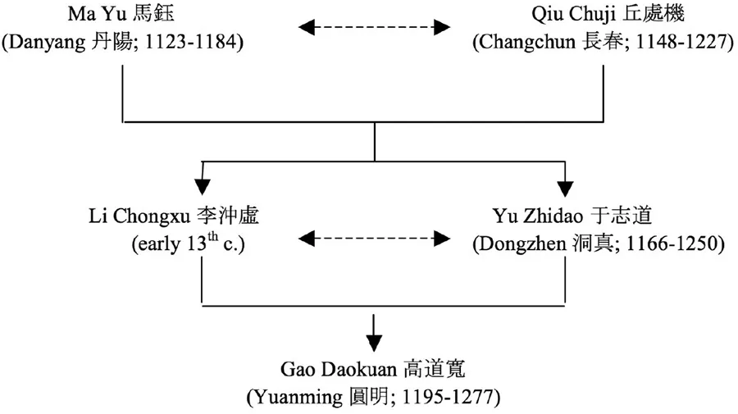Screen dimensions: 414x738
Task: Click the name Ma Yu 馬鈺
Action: click(123, 14)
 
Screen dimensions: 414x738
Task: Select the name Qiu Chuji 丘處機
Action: click(601, 14)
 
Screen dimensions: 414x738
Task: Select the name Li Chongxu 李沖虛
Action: click(201, 216)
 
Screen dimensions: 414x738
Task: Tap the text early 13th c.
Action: click(201, 244)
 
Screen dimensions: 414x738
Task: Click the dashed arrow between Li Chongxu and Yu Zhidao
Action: click(374, 239)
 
